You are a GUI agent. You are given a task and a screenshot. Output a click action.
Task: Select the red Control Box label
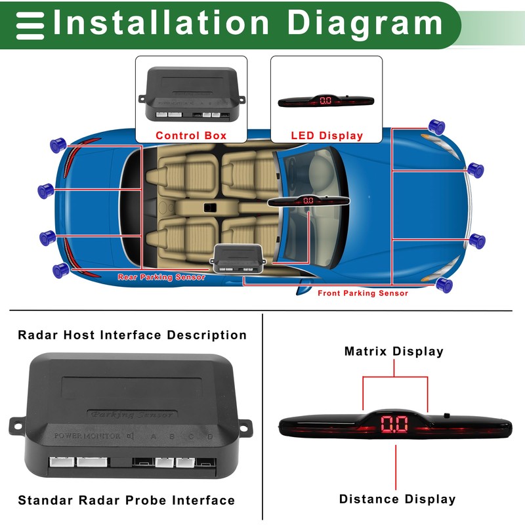pos(191,136)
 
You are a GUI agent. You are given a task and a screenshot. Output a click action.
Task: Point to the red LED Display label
pos(327,136)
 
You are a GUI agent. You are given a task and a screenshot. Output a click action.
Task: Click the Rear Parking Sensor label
pos(161,277)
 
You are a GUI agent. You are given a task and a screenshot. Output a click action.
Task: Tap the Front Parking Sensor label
pos(363,293)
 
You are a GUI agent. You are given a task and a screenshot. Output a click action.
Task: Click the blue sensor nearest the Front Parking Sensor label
pos(445,284)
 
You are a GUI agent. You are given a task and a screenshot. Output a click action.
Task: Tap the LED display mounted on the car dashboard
pos(308,200)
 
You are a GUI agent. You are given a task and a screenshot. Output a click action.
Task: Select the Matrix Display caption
pos(394,352)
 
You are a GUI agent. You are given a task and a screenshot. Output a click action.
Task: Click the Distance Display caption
pos(397,499)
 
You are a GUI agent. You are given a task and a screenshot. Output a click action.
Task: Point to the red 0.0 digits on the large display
pos(395,425)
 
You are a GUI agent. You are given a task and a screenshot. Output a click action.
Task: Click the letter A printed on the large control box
pos(153,436)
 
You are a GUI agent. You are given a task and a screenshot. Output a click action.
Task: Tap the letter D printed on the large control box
pos(210,436)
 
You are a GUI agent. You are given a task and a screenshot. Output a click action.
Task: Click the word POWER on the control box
pos(66,436)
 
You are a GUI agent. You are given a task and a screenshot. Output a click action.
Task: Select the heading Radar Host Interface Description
pos(132,335)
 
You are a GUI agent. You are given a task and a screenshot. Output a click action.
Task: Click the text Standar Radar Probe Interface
pos(126,501)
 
